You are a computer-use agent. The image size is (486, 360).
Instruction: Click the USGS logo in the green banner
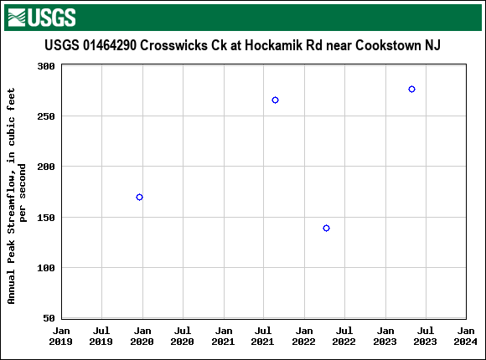41,17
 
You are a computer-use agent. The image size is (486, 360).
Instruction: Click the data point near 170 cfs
139,197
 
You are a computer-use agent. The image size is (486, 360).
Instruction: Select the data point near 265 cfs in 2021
275,100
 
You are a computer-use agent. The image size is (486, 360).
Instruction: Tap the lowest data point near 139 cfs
326,228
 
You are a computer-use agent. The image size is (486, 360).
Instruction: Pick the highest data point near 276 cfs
411,89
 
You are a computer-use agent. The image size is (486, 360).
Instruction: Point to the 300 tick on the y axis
47,65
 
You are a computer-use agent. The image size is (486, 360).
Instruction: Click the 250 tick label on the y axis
47,116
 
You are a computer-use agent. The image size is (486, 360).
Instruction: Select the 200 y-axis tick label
47,167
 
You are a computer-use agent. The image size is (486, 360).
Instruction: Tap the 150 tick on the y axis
47,218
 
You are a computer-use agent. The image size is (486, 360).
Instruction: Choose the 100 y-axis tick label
47,268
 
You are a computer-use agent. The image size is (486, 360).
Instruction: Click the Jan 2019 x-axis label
60,336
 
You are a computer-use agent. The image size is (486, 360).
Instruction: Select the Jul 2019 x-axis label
101,336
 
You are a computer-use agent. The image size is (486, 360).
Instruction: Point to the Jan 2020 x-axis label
142,336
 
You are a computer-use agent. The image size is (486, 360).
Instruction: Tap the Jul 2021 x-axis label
263,336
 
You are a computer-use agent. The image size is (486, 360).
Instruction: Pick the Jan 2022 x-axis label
303,336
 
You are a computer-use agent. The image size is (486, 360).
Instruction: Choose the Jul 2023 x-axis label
425,336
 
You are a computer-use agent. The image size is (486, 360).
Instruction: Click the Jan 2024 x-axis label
465,336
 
